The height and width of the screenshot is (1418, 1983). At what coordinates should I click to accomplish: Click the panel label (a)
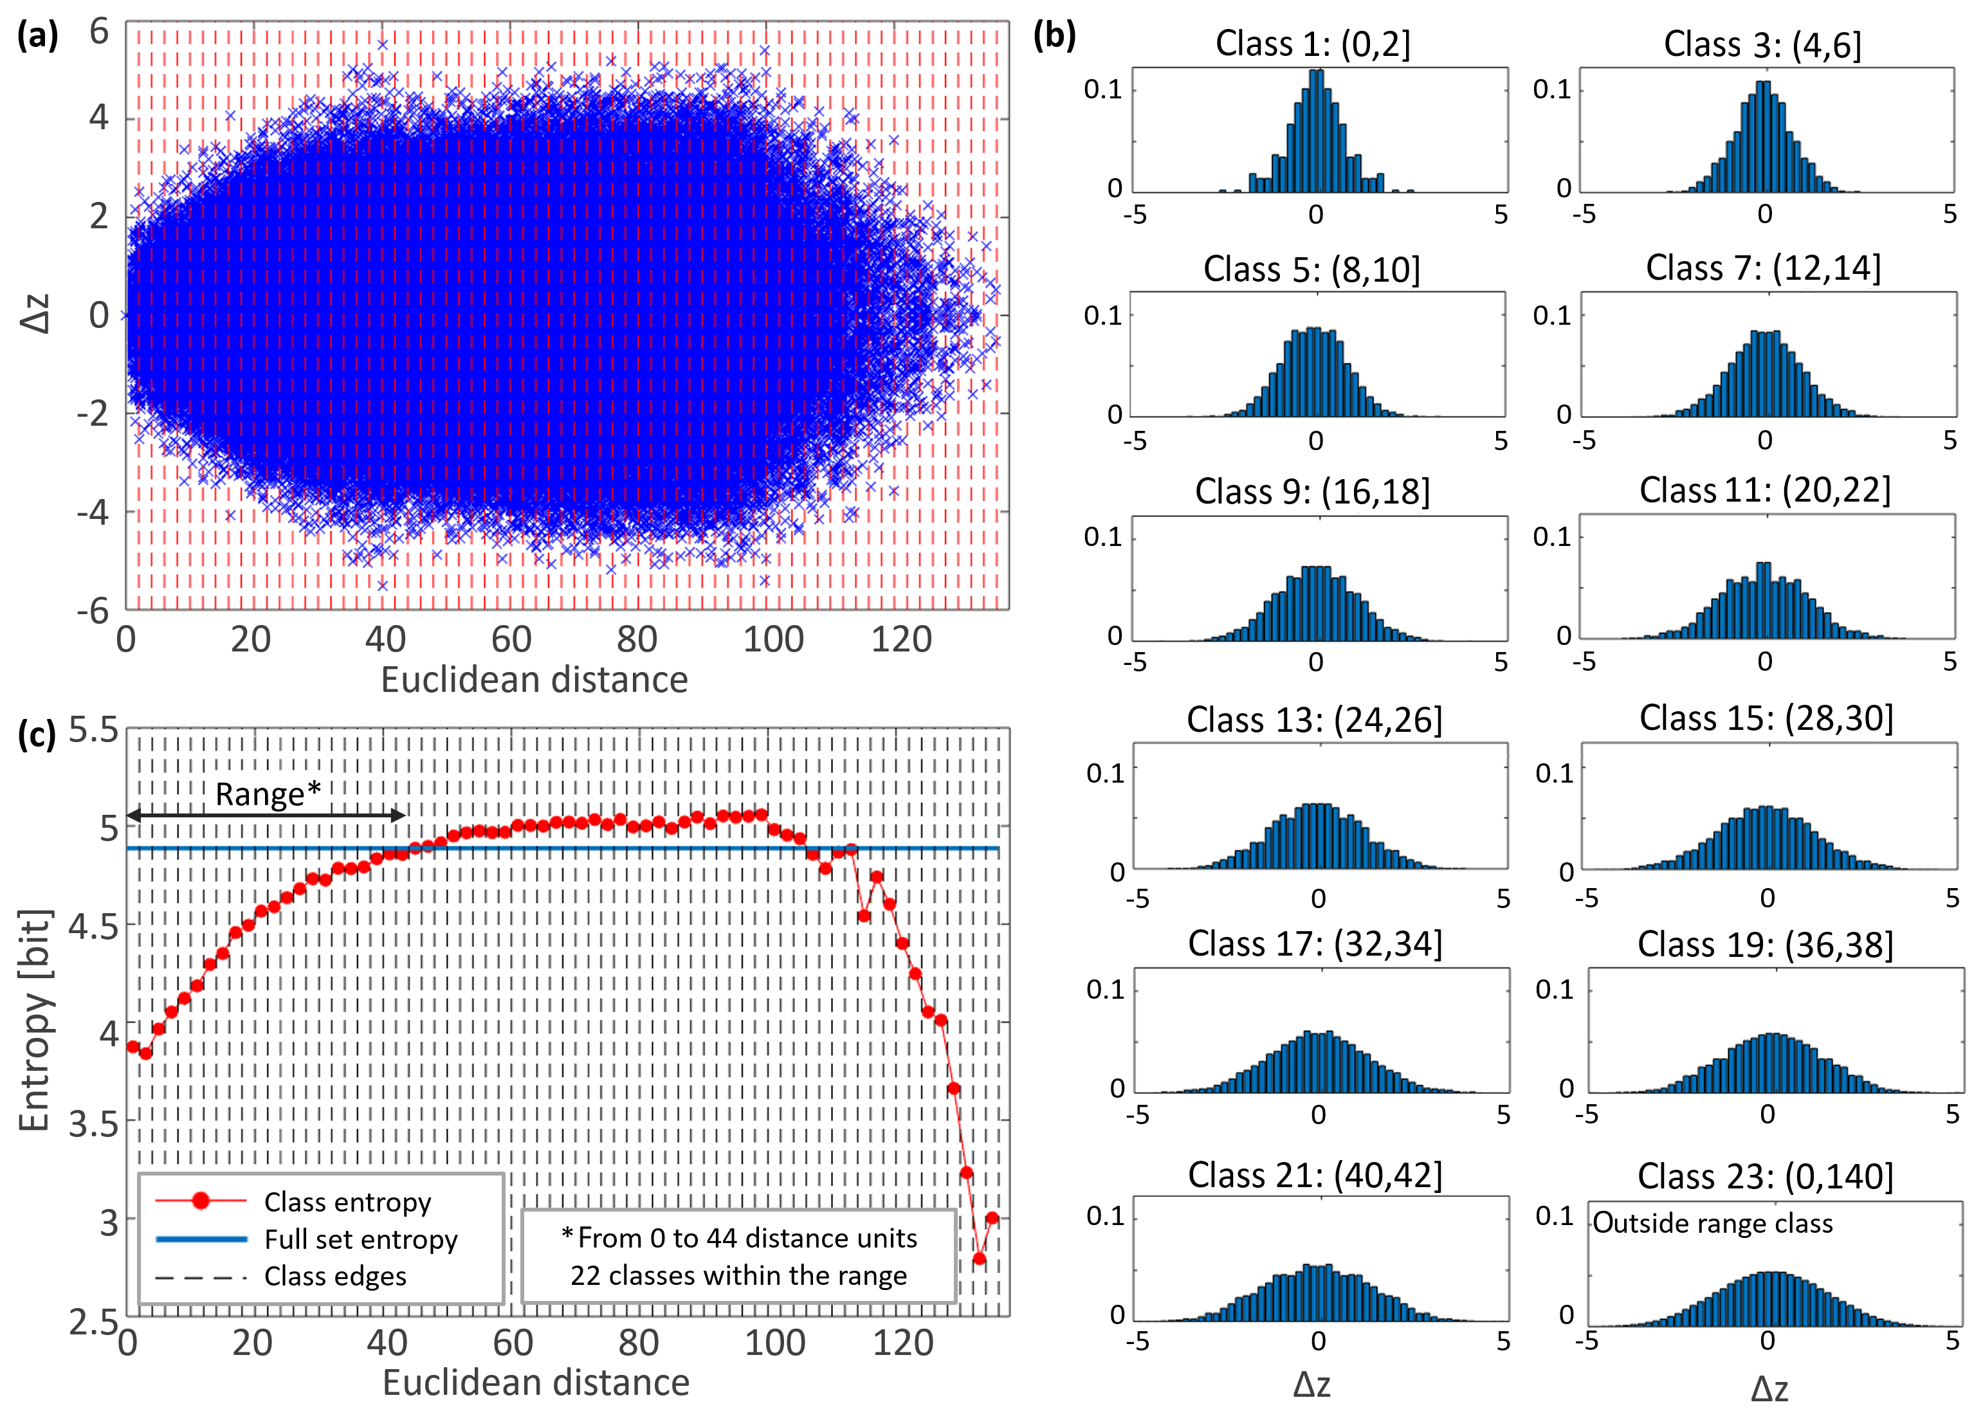click(x=37, y=37)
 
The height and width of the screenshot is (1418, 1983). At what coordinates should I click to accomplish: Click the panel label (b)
click(x=1054, y=37)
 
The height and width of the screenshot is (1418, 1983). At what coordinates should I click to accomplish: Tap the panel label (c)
click(x=37, y=735)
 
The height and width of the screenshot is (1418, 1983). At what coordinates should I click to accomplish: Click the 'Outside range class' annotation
click(x=1712, y=1223)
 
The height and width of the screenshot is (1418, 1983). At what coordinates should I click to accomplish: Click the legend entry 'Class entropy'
click(x=347, y=1203)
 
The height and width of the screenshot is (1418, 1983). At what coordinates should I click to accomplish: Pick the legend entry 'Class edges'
click(x=335, y=1277)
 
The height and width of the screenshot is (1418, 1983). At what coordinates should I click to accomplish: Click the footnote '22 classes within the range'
click(x=738, y=1276)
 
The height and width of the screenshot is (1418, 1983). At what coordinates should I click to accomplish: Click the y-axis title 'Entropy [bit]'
click(x=35, y=1021)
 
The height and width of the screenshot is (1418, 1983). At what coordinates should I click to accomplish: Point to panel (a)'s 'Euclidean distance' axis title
click(x=535, y=679)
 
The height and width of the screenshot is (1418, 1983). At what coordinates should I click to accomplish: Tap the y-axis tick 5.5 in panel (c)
click(x=93, y=730)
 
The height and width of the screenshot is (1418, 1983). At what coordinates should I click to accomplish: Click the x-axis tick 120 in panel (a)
click(x=901, y=640)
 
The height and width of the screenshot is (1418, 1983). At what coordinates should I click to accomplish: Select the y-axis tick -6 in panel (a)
click(x=93, y=610)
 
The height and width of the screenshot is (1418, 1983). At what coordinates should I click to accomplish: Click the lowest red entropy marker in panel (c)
click(x=979, y=1259)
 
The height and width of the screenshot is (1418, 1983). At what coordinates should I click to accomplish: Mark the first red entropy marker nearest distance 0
click(x=133, y=1046)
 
